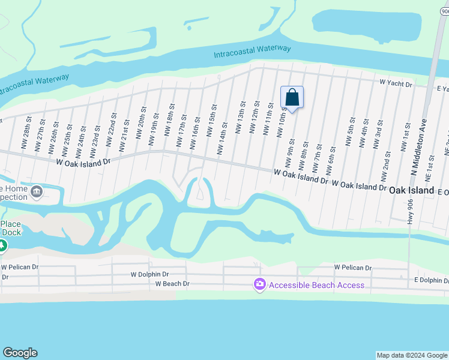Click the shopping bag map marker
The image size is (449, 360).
pyautogui.click(x=292, y=97)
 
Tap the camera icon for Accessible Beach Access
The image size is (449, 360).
pyautogui.click(x=259, y=284)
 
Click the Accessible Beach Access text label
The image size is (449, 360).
pyautogui.click(x=316, y=285)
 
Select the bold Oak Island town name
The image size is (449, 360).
pyautogui.click(x=411, y=190)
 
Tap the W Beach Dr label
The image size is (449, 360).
pyautogui.click(x=172, y=284)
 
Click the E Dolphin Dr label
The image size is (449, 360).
pyautogui.click(x=431, y=280)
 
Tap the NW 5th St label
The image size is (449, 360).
pyautogui.click(x=350, y=133)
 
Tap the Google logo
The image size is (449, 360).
pyautogui.click(x=20, y=353)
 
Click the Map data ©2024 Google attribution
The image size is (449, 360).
pyautogui.click(x=412, y=355)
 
